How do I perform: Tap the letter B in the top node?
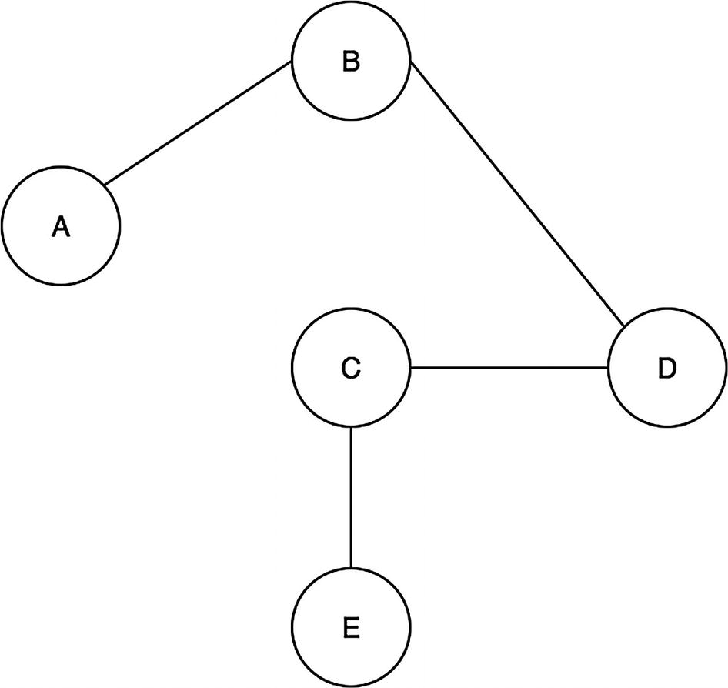coord(351,62)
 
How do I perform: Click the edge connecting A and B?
coord(198,123)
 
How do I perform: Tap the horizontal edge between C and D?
coord(509,368)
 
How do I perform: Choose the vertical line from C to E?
coord(351,498)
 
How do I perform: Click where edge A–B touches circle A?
coord(105,185)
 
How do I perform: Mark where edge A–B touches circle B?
coord(292,63)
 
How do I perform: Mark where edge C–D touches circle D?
coord(608,368)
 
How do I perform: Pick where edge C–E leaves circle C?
coord(351,427)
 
